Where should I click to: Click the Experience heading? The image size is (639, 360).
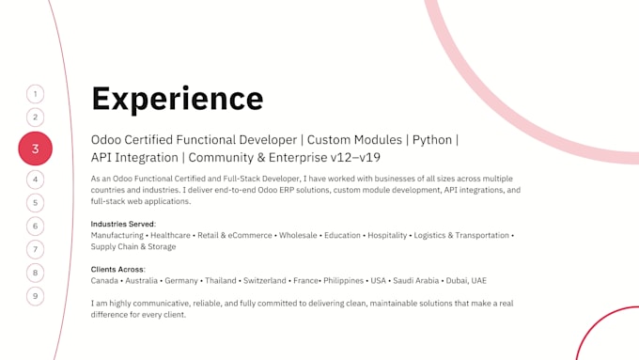tap(178, 99)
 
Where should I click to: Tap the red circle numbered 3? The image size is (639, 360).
tap(36, 149)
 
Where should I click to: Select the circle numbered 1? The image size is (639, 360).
tap(36, 94)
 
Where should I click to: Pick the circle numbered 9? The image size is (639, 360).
tap(36, 296)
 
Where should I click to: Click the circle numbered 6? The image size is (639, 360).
tap(36, 226)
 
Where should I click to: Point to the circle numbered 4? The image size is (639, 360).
tap(36, 180)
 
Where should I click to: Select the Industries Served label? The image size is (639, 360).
tap(123, 224)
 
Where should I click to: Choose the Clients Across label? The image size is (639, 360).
tap(117, 269)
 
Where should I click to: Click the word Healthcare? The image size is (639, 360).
tap(170, 235)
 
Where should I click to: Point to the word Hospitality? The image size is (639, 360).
tap(387, 236)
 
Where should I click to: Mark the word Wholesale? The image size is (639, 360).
tap(298, 235)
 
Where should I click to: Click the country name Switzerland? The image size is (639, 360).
tap(265, 280)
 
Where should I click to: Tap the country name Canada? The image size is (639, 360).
tap(104, 280)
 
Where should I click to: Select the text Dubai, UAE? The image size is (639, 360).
tap(466, 280)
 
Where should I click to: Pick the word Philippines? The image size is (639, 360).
tap(344, 281)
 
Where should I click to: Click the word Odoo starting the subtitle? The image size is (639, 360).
tap(106, 140)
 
